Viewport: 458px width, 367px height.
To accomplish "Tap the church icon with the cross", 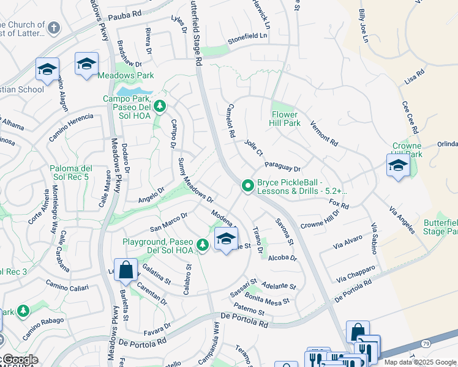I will click(x=54, y=28).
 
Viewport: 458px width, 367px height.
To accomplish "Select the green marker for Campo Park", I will click(x=160, y=106).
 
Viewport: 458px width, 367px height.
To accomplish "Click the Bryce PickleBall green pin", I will click(x=247, y=185).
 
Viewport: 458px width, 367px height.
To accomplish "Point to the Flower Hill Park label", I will click(x=285, y=119).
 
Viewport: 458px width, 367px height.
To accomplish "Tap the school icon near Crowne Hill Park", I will click(x=398, y=165).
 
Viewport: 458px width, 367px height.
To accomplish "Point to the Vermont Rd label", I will click(x=325, y=133).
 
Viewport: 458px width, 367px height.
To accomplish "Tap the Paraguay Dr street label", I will click(x=282, y=166).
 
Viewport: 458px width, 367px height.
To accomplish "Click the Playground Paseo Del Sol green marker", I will click(x=203, y=245).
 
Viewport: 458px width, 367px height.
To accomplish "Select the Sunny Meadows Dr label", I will click(x=195, y=180).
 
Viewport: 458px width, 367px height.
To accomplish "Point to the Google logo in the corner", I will click(x=19, y=360).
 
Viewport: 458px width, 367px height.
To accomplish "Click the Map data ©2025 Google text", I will click(x=419, y=362).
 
